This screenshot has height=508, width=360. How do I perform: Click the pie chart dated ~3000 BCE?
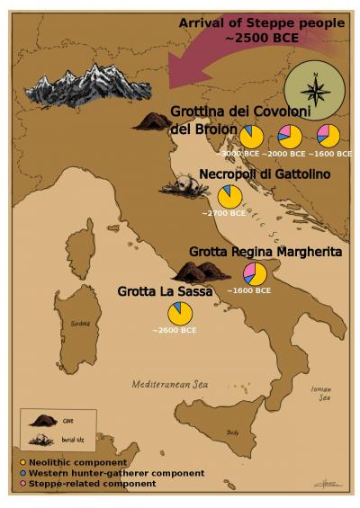pyautogui.click(x=252, y=136)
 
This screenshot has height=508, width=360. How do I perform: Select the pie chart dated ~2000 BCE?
pyautogui.click(x=290, y=137)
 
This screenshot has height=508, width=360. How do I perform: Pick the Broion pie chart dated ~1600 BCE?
pyautogui.click(x=328, y=136)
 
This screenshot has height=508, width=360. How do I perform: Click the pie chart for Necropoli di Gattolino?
pyautogui.click(x=229, y=197)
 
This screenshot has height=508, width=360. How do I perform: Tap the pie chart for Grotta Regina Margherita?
pyautogui.click(x=255, y=273)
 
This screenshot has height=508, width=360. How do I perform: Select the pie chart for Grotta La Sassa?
pyautogui.click(x=180, y=314)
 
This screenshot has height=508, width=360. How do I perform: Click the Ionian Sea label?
pyautogui.click(x=321, y=393)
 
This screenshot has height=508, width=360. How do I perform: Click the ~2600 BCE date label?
pyautogui.click(x=174, y=331)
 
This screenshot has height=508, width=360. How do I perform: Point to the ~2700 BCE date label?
pyautogui.click(x=225, y=214)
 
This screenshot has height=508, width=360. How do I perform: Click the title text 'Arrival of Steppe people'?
pyautogui.click(x=261, y=22)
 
